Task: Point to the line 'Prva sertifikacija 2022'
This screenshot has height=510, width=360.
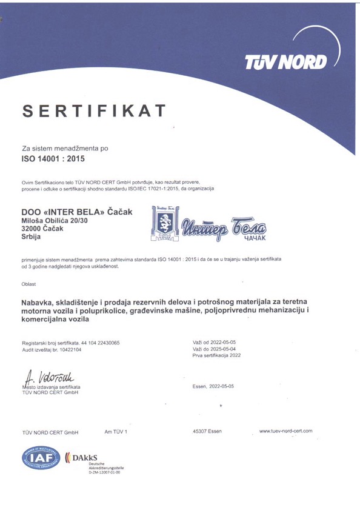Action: pos(216,358)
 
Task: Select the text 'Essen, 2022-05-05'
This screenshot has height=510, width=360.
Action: pos(213,386)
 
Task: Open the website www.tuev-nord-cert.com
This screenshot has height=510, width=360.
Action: pos(286,431)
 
